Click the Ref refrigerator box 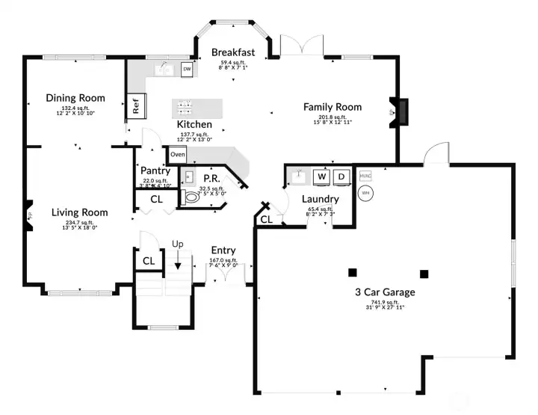click(136, 107)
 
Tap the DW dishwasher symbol click(187, 70)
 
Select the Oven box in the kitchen click(177, 155)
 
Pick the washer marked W click(322, 176)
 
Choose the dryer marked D click(341, 176)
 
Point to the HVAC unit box click(365, 176)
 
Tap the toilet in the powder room click(191, 198)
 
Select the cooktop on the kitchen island click(186, 106)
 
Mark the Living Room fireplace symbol click(28, 212)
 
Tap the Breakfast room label click(233, 52)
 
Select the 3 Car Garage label click(385, 292)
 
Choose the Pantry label click(155, 170)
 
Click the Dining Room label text click(75, 98)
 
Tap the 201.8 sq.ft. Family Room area click(333, 117)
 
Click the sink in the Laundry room click(299, 176)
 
